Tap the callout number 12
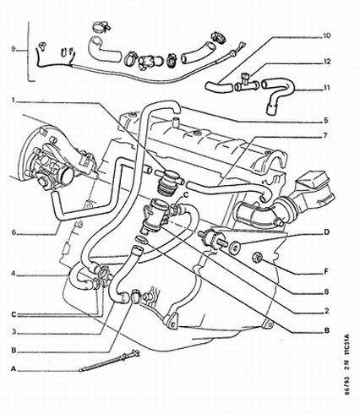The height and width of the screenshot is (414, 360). click(325, 62)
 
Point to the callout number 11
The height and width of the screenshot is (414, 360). click(325, 88)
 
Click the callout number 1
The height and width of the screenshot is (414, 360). click(13, 101)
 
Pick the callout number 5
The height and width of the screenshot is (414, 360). click(325, 120)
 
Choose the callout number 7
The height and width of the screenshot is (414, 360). click(325, 136)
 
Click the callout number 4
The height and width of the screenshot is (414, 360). click(13, 274)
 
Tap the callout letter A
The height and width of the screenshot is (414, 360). click(13, 369)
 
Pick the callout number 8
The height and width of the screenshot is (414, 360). click(325, 292)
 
